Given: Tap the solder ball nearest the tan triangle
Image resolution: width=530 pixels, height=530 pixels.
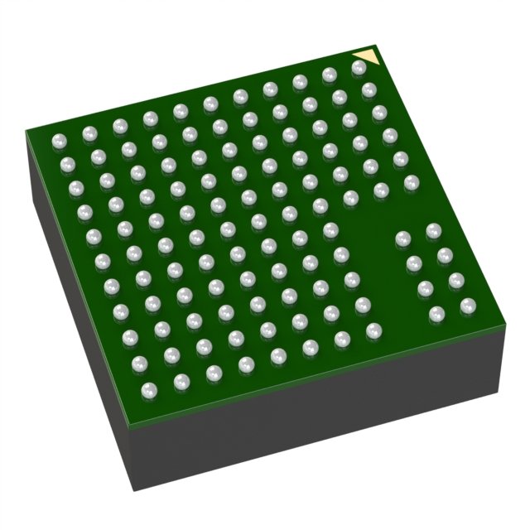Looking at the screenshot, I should pos(359,69).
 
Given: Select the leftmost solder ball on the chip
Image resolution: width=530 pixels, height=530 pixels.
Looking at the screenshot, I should pos(58,141).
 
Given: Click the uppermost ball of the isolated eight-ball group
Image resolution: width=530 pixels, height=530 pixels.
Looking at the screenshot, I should pos(433,229).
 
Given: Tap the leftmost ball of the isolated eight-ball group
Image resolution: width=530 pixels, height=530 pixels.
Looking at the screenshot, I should pos(403,238).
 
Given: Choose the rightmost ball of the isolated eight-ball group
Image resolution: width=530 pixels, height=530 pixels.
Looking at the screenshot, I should pos(466,306).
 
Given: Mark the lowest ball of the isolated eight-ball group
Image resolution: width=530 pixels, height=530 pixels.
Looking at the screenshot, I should pos(436,314).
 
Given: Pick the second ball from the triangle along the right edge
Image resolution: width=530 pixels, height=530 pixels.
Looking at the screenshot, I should pos(369,89).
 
